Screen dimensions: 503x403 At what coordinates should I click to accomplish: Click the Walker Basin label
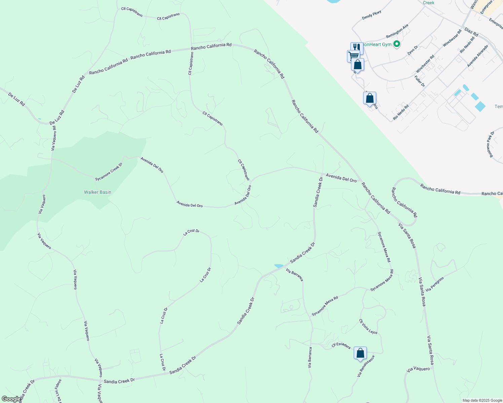tap(98, 192)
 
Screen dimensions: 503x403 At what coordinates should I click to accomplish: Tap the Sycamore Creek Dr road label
tap(109, 172)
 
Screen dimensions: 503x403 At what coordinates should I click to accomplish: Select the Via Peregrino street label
tap(435, 284)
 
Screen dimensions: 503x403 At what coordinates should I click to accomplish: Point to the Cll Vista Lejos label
tap(368, 326)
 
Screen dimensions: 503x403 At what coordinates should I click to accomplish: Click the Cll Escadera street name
tap(341, 346)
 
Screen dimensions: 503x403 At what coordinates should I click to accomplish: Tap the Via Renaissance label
tap(366, 366)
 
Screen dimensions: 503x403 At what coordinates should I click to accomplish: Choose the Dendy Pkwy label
tap(372, 15)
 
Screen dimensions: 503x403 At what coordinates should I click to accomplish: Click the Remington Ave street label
tap(397, 31)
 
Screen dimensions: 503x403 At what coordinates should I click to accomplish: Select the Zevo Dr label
tap(413, 50)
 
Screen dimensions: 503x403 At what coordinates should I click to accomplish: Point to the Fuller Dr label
tap(420, 81)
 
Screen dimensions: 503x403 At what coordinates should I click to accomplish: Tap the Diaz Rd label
tap(471, 32)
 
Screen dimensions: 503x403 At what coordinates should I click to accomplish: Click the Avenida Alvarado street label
tap(477, 56)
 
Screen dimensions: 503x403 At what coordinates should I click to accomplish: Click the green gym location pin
tap(397, 44)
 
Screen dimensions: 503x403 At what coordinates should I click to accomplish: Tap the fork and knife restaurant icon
tap(357, 47)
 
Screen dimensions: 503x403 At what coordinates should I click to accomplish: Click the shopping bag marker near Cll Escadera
tap(360, 353)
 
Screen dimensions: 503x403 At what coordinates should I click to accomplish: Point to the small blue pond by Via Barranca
tap(279, 266)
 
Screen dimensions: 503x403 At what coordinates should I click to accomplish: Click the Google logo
tap(11, 399)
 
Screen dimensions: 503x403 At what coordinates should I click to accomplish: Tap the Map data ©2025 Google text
tap(482, 400)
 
